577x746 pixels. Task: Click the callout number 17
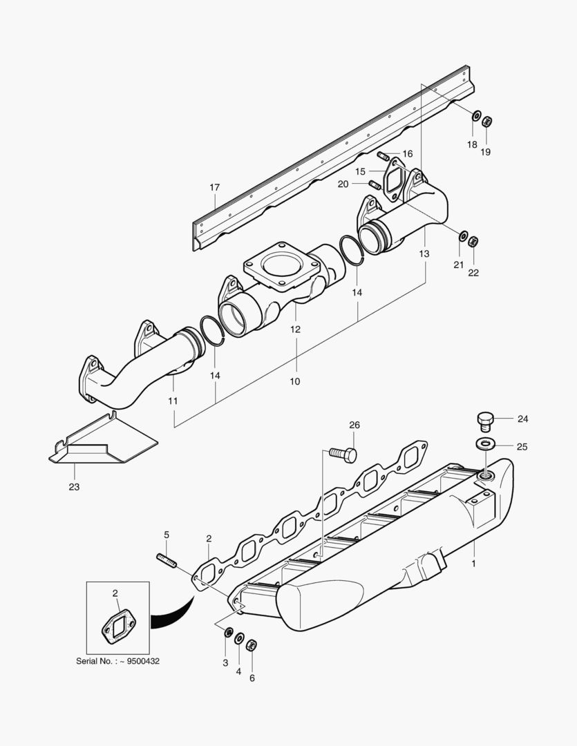point(214,187)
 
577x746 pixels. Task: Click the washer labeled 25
point(486,443)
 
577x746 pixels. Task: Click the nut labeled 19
point(486,122)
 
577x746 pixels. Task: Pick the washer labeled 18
point(475,115)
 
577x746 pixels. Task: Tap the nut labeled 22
point(473,242)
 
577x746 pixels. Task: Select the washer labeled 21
point(462,237)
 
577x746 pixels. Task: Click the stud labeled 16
point(384,155)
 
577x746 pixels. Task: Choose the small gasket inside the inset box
point(115,627)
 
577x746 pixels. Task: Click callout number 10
point(295,381)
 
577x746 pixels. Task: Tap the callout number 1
point(474,563)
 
